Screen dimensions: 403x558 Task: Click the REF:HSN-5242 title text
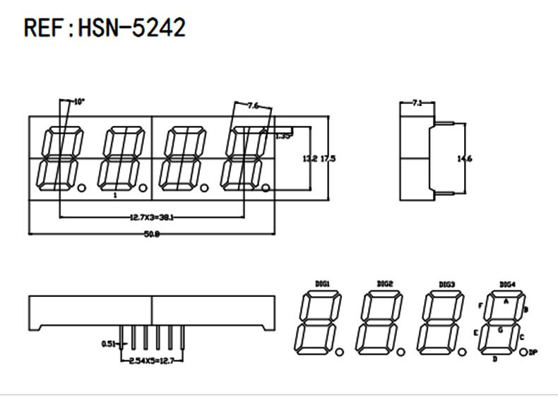pyautogui.click(x=105, y=28)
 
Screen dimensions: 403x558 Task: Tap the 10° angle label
pyautogui.click(x=78, y=102)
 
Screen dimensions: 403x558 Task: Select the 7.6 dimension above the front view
pyautogui.click(x=253, y=106)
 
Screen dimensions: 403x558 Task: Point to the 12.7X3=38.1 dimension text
pyautogui.click(x=152, y=218)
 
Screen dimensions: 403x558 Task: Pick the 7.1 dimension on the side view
pyautogui.click(x=417, y=103)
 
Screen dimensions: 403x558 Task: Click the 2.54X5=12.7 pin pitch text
pyautogui.click(x=152, y=361)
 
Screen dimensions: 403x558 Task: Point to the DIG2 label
pyautogui.click(x=385, y=284)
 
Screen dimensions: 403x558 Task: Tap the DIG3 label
pyautogui.click(x=446, y=284)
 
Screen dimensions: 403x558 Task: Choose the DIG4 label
pyautogui.click(x=507, y=284)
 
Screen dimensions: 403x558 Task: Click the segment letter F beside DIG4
pyautogui.click(x=480, y=306)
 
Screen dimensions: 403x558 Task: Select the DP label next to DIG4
pyautogui.click(x=534, y=351)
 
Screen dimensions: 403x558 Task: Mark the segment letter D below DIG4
pyautogui.click(x=494, y=360)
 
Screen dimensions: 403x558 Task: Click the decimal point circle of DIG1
pyautogui.click(x=339, y=351)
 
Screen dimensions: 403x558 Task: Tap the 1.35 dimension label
pyautogui.click(x=283, y=136)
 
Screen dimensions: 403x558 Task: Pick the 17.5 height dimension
pyautogui.click(x=328, y=159)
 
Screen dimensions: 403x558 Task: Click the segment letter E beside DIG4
pyautogui.click(x=476, y=332)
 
